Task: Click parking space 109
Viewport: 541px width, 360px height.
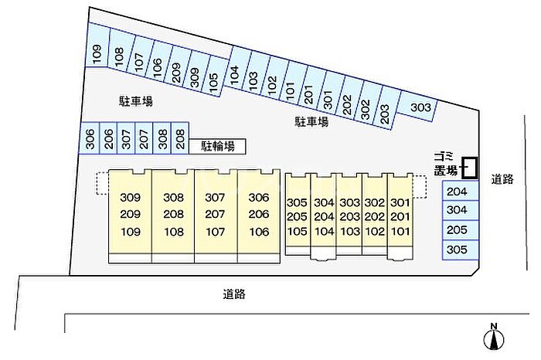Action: [x=97, y=45]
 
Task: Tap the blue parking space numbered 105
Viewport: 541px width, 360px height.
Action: [x=215, y=78]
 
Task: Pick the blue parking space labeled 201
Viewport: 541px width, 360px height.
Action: [x=310, y=89]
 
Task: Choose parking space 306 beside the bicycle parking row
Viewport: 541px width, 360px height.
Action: [x=90, y=138]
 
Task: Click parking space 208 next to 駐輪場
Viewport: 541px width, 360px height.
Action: [x=180, y=138]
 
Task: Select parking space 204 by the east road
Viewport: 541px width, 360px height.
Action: [x=461, y=191]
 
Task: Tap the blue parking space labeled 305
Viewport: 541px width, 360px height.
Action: [x=461, y=250]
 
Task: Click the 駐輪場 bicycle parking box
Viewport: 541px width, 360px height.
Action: [x=217, y=147]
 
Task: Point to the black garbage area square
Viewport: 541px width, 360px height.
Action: [x=470, y=168]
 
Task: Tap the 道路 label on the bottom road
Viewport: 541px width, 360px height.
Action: [x=234, y=294]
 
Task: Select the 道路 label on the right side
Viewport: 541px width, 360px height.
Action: [x=502, y=179]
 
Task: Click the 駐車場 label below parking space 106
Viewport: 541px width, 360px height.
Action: [x=135, y=101]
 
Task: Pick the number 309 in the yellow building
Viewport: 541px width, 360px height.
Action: [x=131, y=198]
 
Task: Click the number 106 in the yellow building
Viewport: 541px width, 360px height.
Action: [x=259, y=232]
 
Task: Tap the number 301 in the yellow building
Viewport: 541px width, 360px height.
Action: [x=400, y=202]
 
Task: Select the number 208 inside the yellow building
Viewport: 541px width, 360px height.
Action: [x=174, y=214]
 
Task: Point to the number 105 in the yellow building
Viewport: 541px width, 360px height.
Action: [x=297, y=232]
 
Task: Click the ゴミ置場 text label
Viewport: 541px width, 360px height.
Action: [x=445, y=164]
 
